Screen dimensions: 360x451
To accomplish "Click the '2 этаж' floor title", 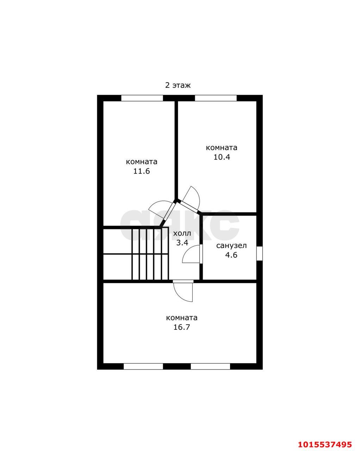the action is click(x=178, y=85).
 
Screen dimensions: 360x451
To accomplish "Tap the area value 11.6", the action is click(x=142, y=171).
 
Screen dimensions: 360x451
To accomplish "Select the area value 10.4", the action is click(x=222, y=157).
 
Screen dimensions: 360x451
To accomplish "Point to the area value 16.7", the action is click(x=181, y=327).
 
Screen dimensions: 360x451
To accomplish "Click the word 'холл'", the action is click(x=182, y=233).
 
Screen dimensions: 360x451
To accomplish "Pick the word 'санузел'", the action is click(x=231, y=246).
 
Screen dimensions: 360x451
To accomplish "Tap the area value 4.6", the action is click(x=231, y=255).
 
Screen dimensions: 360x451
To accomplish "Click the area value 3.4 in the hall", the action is click(x=182, y=243).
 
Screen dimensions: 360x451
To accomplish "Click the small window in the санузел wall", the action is click(x=259, y=253).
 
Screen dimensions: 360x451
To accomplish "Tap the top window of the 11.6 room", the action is click(x=142, y=98).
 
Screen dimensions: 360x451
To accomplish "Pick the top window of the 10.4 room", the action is click(x=216, y=98).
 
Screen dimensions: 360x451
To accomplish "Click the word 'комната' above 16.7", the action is click(x=182, y=318).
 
